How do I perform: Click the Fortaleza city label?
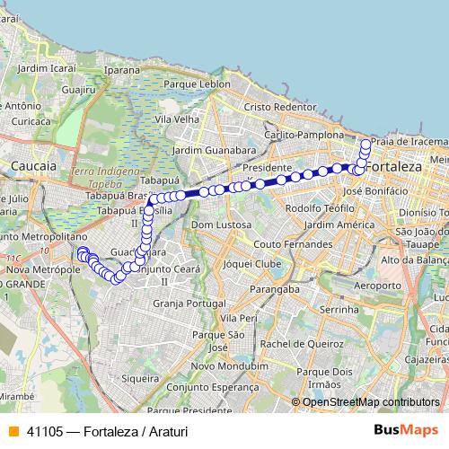[x=394, y=169]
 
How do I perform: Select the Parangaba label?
[x=275, y=289]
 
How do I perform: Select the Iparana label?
[x=122, y=69]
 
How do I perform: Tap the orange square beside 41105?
[x=13, y=431]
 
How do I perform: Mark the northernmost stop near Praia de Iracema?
[x=365, y=144]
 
